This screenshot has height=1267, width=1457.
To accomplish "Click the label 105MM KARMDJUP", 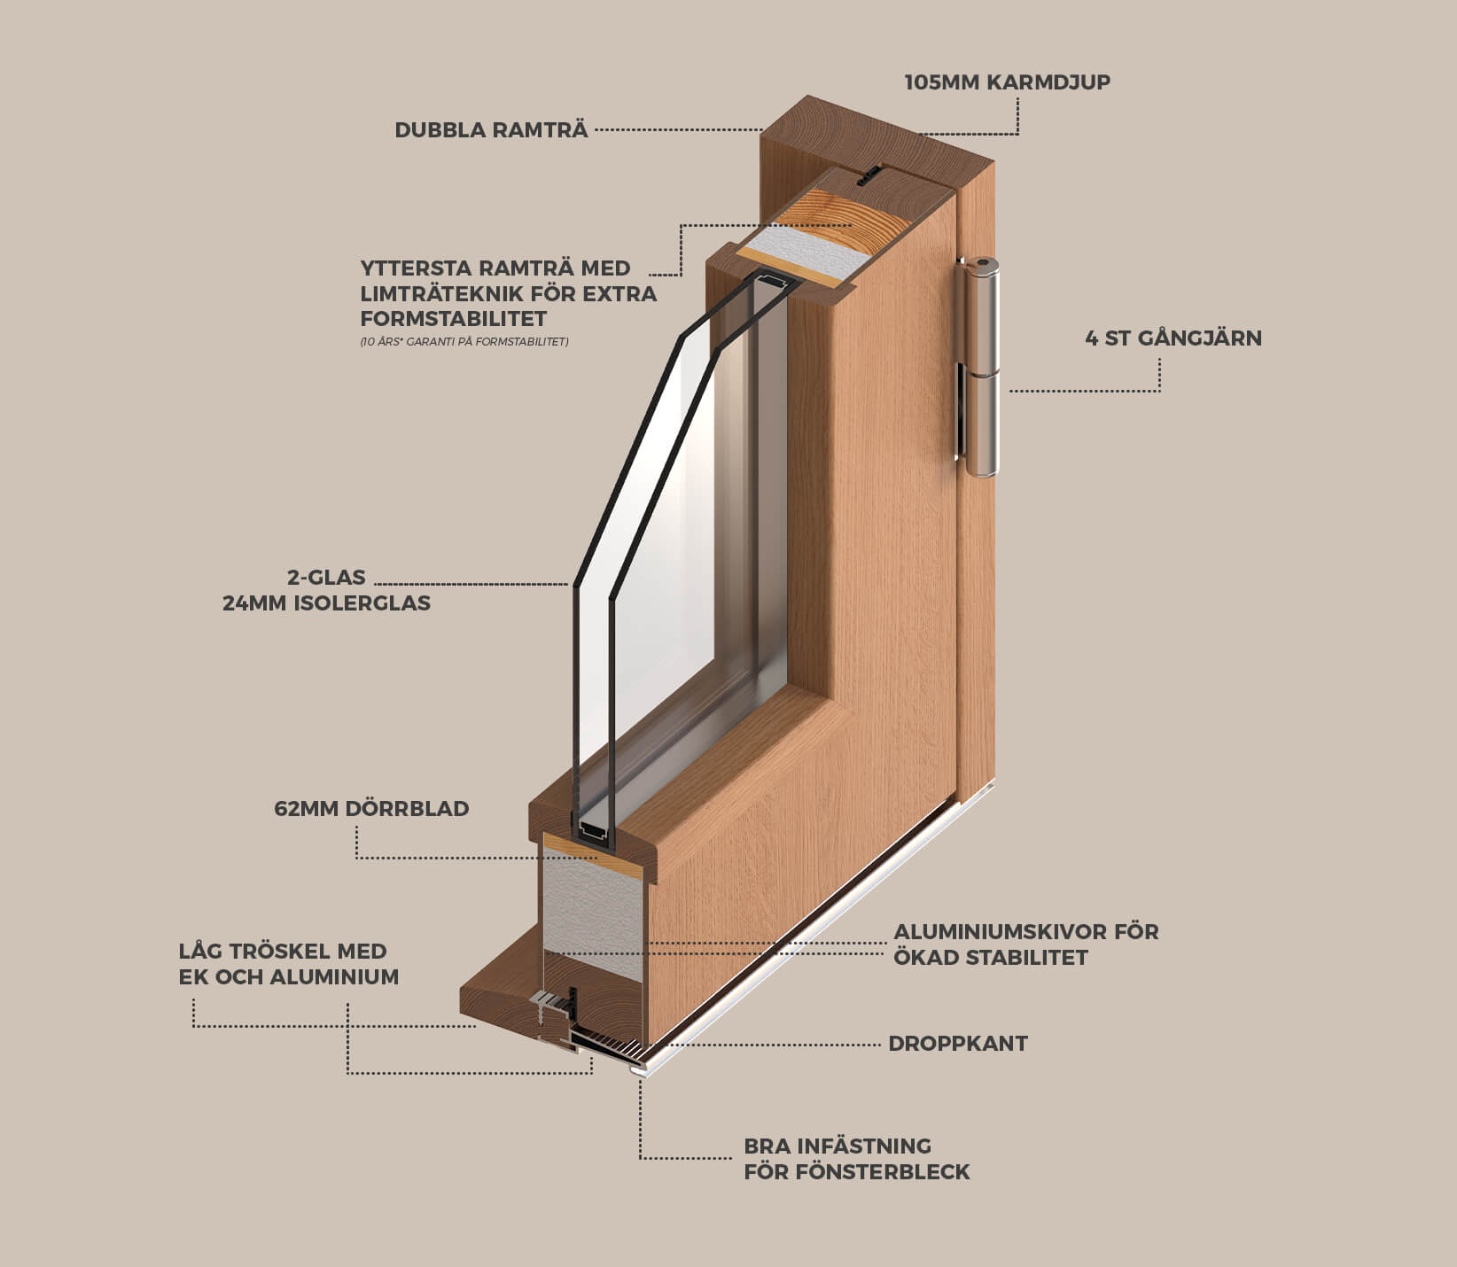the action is (1007, 82).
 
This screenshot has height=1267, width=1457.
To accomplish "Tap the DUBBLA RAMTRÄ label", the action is (491, 130).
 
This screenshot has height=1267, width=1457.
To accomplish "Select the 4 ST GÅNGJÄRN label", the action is (1173, 338).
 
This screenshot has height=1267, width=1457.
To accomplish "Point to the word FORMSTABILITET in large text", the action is (454, 319).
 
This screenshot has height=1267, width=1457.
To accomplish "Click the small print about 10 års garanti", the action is (464, 342).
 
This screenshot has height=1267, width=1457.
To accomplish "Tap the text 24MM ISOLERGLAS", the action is (326, 603).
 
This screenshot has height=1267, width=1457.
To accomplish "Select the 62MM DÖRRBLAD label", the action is (371, 809).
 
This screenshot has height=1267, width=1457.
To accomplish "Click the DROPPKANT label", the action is (958, 1044).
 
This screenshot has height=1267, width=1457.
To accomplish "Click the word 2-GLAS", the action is (326, 578).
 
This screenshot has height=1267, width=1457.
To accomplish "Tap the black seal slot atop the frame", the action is (869, 175).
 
